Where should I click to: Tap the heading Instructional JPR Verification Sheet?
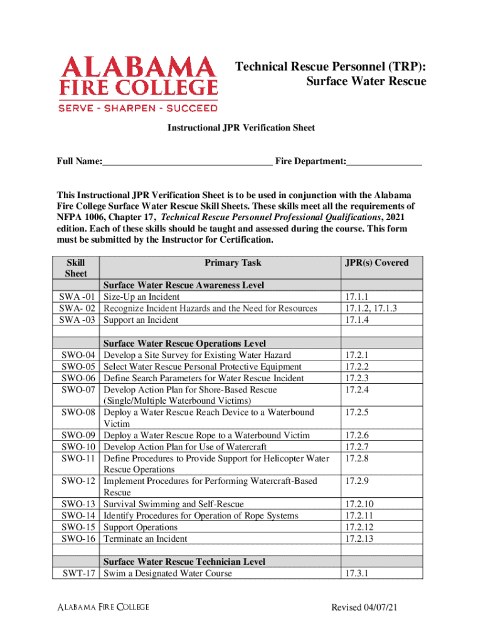click(x=240, y=128)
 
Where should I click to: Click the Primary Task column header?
click(x=233, y=263)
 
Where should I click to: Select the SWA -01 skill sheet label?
click(x=77, y=297)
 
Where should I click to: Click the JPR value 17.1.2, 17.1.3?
click(x=371, y=308)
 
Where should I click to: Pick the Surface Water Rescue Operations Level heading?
click(x=184, y=344)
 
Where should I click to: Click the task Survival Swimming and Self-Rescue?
click(x=173, y=504)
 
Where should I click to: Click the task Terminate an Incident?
click(x=145, y=539)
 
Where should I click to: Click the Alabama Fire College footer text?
click(x=103, y=607)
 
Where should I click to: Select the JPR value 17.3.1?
click(x=356, y=573)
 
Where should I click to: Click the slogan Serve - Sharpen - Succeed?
click(x=138, y=107)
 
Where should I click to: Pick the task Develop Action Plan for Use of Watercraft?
click(x=185, y=447)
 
